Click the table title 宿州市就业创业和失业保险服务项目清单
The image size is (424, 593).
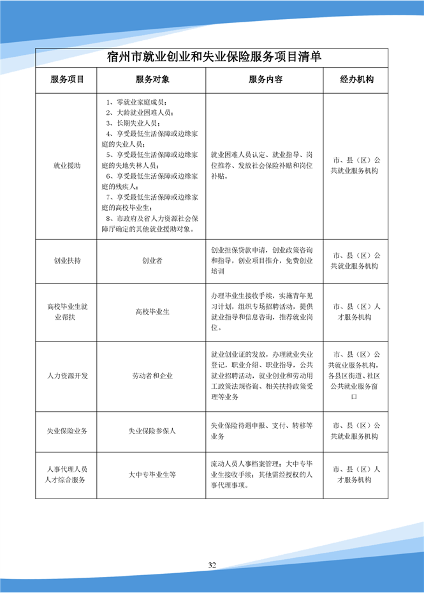click(214, 56)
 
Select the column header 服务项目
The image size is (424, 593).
click(67, 80)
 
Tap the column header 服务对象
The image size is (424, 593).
click(152, 80)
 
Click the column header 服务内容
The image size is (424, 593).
click(265, 80)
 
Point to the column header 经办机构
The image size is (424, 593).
click(357, 80)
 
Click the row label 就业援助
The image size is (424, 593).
click(67, 166)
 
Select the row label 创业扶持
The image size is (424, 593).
click(67, 261)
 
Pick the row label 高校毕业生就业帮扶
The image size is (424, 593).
click(67, 312)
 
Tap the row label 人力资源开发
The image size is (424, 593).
click(67, 376)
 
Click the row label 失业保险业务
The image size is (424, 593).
click(67, 431)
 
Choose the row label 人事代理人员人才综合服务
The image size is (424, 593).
click(67, 474)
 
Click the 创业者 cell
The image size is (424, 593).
click(152, 261)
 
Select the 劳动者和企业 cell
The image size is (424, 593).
click(152, 376)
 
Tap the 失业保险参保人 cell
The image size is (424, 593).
click(152, 431)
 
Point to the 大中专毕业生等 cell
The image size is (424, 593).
click(152, 474)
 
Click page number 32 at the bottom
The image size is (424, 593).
click(212, 565)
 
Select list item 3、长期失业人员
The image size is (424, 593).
click(133, 123)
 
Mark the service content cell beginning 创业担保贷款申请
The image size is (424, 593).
click(261, 261)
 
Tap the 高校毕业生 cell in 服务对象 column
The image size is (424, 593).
click(152, 312)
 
